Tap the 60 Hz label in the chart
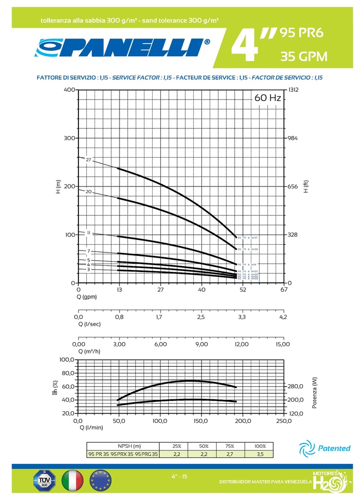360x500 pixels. (268, 98)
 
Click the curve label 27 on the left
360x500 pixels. (88, 160)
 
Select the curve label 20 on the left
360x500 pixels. (88, 191)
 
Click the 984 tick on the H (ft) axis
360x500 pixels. (292, 138)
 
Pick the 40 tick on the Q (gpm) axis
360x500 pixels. (201, 290)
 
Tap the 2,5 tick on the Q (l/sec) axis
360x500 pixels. (201, 317)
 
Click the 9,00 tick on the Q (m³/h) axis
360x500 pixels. (201, 344)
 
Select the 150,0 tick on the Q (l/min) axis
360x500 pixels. (201, 420)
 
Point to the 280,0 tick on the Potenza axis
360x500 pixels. (296, 386)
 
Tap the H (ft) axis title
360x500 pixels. (306, 187)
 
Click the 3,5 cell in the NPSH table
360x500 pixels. (260, 454)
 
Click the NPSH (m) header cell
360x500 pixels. (129, 446)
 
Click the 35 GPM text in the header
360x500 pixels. (303, 57)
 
